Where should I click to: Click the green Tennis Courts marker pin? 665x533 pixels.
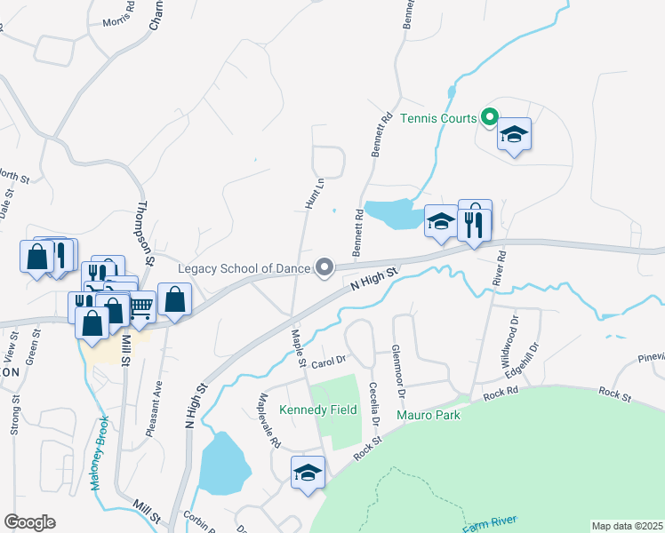coord(489,116)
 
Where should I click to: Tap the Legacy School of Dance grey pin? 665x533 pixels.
coord(325,266)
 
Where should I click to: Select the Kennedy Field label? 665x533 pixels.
coord(318,410)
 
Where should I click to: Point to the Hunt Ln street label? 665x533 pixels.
coord(312,193)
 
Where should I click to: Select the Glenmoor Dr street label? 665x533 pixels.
coord(399,370)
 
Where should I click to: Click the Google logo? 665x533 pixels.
coord(29,522)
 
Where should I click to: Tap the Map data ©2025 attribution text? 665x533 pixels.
coord(628,526)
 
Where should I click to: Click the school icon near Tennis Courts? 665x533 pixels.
coord(514,134)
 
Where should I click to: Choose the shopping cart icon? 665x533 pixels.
coord(140,307)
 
